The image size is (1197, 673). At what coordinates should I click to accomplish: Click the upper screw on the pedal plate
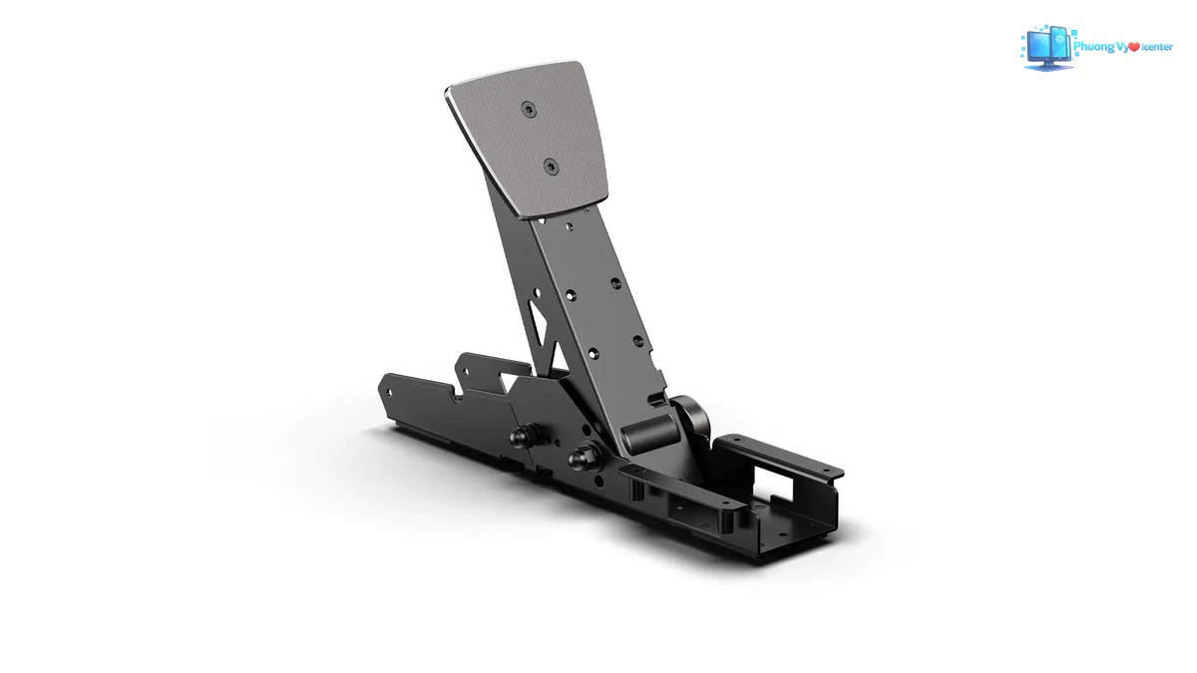pyautogui.click(x=528, y=109)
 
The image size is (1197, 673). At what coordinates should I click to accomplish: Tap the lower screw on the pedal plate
pyautogui.click(x=551, y=167)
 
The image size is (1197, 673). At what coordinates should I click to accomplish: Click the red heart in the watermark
pyautogui.click(x=1134, y=48)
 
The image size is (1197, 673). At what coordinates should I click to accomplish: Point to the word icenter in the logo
pyautogui.click(x=1157, y=48)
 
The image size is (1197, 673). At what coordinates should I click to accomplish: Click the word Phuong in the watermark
pyautogui.click(x=1093, y=48)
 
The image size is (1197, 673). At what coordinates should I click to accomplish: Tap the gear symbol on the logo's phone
pyautogui.click(x=1059, y=39)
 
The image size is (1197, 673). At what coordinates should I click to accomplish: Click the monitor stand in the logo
pyautogui.click(x=1048, y=66)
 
